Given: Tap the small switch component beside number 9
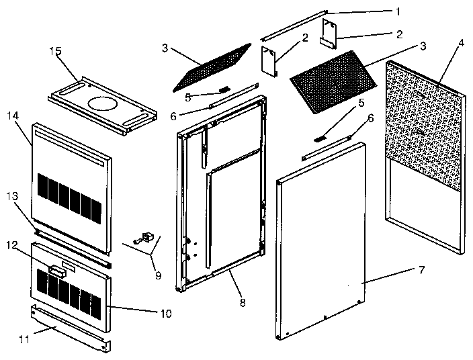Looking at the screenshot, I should click(144, 237).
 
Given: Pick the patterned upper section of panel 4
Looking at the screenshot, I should click(423, 124).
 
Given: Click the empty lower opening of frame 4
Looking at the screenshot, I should click(423, 208).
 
